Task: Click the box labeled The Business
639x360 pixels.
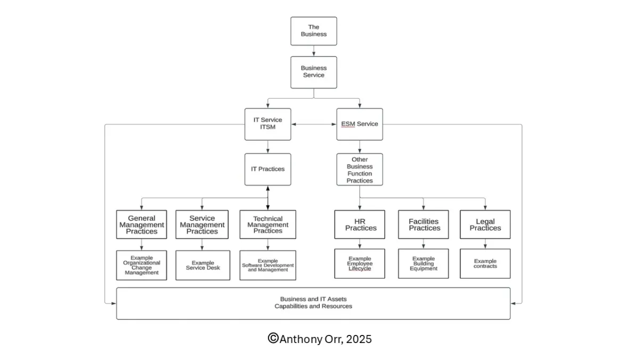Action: point(314,31)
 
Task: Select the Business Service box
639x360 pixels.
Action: point(314,72)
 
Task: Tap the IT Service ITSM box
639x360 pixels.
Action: point(268,124)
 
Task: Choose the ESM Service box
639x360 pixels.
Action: point(359,124)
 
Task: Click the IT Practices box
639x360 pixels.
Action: point(268,169)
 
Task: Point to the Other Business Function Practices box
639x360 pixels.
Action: point(359,169)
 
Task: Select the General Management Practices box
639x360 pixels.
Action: point(142,224)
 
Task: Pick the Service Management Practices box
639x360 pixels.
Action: point(202,224)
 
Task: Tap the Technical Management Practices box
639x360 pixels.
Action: point(268,224)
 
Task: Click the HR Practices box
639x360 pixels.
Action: point(359,224)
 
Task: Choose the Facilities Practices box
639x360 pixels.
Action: point(423,224)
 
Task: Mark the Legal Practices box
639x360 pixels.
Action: point(485,224)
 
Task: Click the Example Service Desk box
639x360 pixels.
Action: point(202,265)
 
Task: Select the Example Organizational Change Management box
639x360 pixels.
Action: point(142,265)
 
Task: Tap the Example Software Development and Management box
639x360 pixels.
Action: point(268,265)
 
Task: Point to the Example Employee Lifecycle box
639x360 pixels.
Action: point(359,264)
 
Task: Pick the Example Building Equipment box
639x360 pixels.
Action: point(423,264)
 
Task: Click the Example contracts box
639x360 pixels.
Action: point(485,264)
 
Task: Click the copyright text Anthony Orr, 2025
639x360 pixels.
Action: point(319,339)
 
